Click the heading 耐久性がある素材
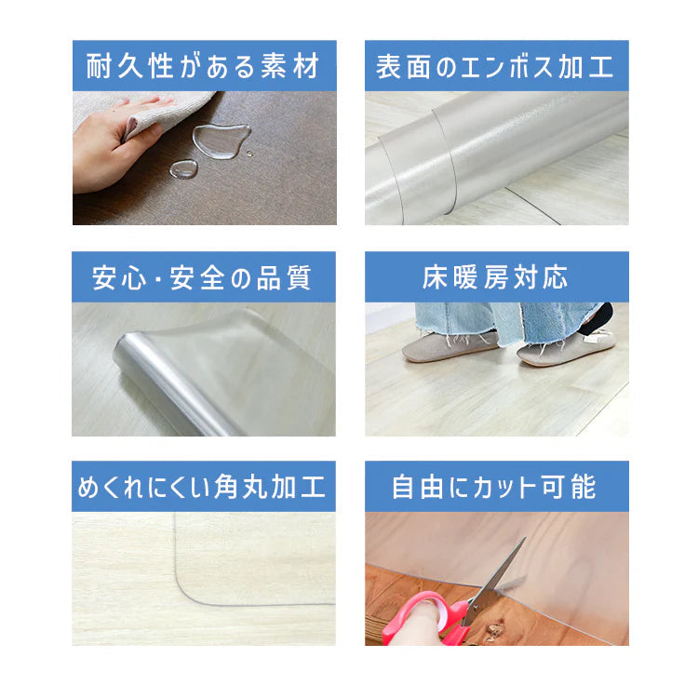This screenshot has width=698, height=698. click(x=204, y=66)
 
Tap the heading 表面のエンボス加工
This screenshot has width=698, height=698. click(x=495, y=66)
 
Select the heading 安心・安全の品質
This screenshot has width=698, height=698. click(x=204, y=277)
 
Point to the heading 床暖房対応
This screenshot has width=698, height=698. click(x=495, y=277)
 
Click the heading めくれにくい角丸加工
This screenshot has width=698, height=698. click(x=204, y=487)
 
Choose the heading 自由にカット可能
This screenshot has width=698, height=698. click(x=495, y=487)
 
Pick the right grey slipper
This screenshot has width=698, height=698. click(x=562, y=349)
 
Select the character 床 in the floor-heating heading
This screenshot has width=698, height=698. click(x=436, y=277)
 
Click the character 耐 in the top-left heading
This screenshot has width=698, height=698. click(x=100, y=66)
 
